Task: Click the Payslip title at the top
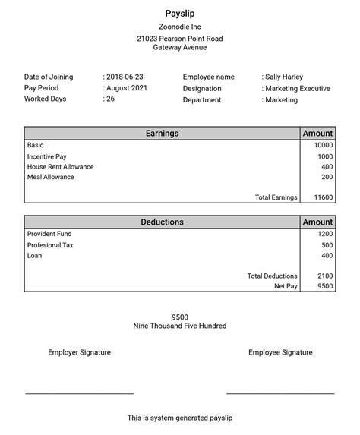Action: tap(179, 13)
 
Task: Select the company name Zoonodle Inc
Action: tap(179, 27)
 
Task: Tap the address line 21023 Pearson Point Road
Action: tap(179, 38)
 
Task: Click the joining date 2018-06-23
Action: tap(126, 77)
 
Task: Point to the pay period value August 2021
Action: tap(128, 88)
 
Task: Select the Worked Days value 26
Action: tap(111, 99)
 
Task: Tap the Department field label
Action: tap(202, 99)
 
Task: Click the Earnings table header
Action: tap(162, 134)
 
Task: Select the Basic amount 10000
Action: tap(323, 145)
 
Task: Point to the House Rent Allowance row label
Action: tap(61, 166)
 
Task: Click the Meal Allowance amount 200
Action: tap(327, 177)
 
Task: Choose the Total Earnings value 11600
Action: tap(323, 197)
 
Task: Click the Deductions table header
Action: tap(162, 222)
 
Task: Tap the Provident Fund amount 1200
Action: tap(324, 234)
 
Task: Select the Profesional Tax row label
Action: tap(50, 245)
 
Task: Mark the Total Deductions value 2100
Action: tap(324, 276)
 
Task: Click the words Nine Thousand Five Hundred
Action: tap(179, 326)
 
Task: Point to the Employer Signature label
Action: tap(79, 352)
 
